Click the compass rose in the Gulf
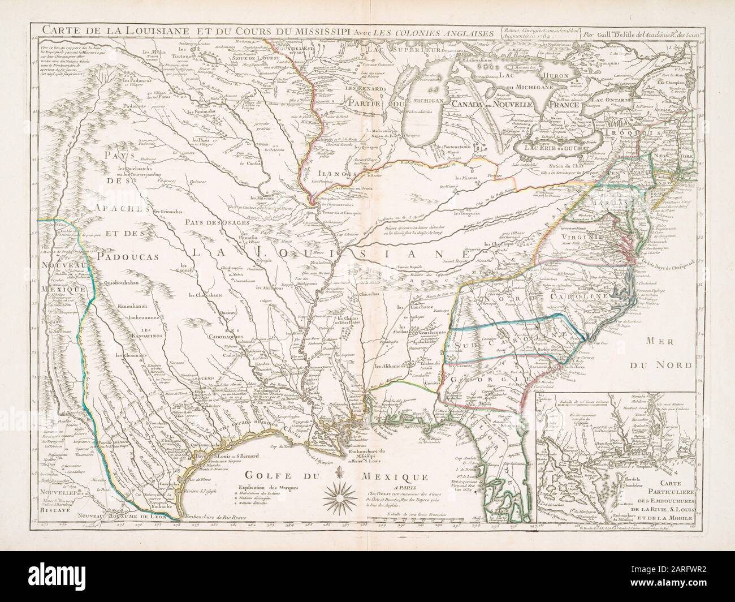pyautogui.click(x=341, y=498)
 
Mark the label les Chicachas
pyautogui.click(x=365, y=294)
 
